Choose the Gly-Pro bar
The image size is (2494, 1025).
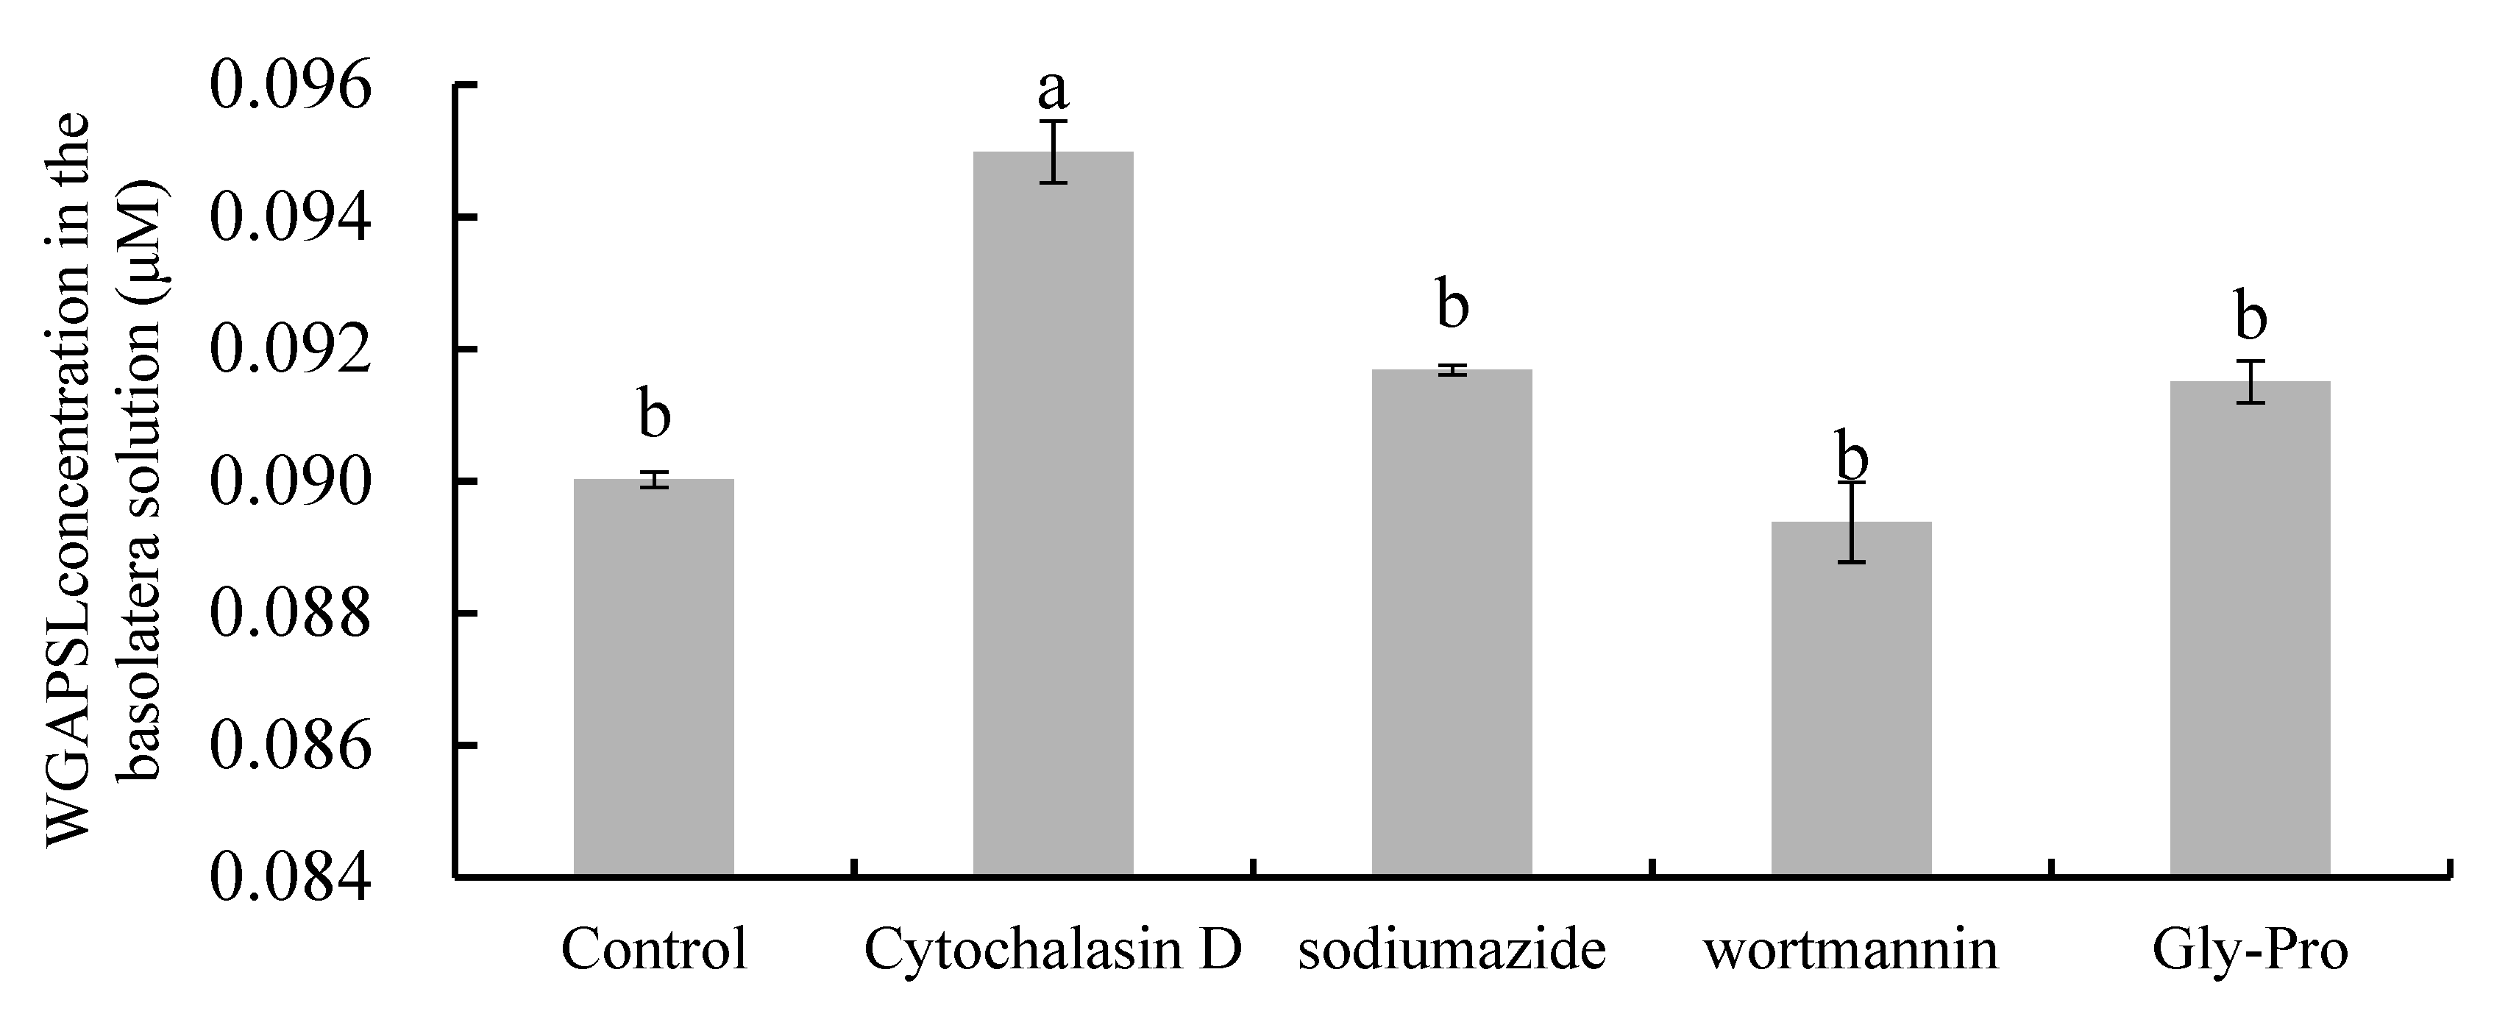2250,628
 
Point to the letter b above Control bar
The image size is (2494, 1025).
655,414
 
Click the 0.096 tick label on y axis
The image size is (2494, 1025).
291,86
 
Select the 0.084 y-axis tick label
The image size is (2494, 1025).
291,878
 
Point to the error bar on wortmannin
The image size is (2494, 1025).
1852,522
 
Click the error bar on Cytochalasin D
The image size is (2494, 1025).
1054,152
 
